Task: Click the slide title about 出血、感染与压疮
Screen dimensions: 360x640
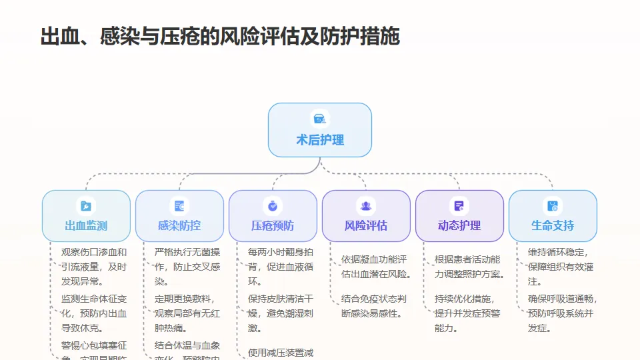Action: pyautogui.click(x=220, y=36)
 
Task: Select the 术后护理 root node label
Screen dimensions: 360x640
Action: pyautogui.click(x=320, y=140)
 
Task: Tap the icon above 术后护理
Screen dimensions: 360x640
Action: pyautogui.click(x=320, y=119)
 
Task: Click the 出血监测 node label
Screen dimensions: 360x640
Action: pyautogui.click(x=86, y=225)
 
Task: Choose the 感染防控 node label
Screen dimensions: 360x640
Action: pyautogui.click(x=179, y=225)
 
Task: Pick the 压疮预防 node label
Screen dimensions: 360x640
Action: pyautogui.click(x=273, y=225)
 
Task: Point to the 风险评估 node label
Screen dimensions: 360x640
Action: pyautogui.click(x=366, y=225)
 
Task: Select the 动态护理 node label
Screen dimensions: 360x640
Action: pyautogui.click(x=459, y=225)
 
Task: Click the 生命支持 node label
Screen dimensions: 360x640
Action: pyautogui.click(x=553, y=225)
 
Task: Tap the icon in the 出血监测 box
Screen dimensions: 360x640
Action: pyautogui.click(x=86, y=206)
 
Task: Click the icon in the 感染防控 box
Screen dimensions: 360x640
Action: pyautogui.click(x=179, y=206)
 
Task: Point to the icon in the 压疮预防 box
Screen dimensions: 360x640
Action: pyautogui.click(x=273, y=206)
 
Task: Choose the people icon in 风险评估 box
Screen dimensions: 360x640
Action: pyautogui.click(x=366, y=206)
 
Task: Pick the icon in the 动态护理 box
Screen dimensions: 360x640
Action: pyautogui.click(x=459, y=206)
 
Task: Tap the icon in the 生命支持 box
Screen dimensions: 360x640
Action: pyautogui.click(x=553, y=206)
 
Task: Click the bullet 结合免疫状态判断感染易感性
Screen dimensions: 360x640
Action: pyautogui.click(x=374, y=305)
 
